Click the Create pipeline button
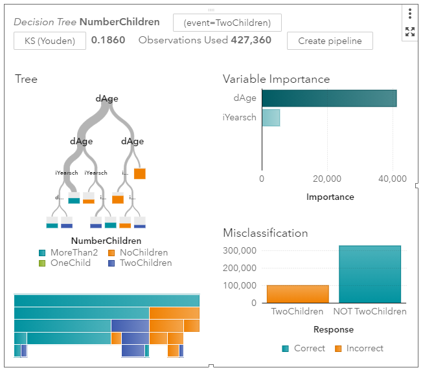330,41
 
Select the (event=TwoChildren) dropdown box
227,23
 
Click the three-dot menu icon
410,14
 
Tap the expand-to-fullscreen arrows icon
410,32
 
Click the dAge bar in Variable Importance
328,98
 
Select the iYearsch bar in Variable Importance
271,118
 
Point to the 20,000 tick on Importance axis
327,179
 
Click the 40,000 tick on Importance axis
392,179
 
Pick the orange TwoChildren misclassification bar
297,294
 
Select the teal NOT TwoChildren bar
370,274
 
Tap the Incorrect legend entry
359,349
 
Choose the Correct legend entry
304,349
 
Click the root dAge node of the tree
107,99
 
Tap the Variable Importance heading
276,80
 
